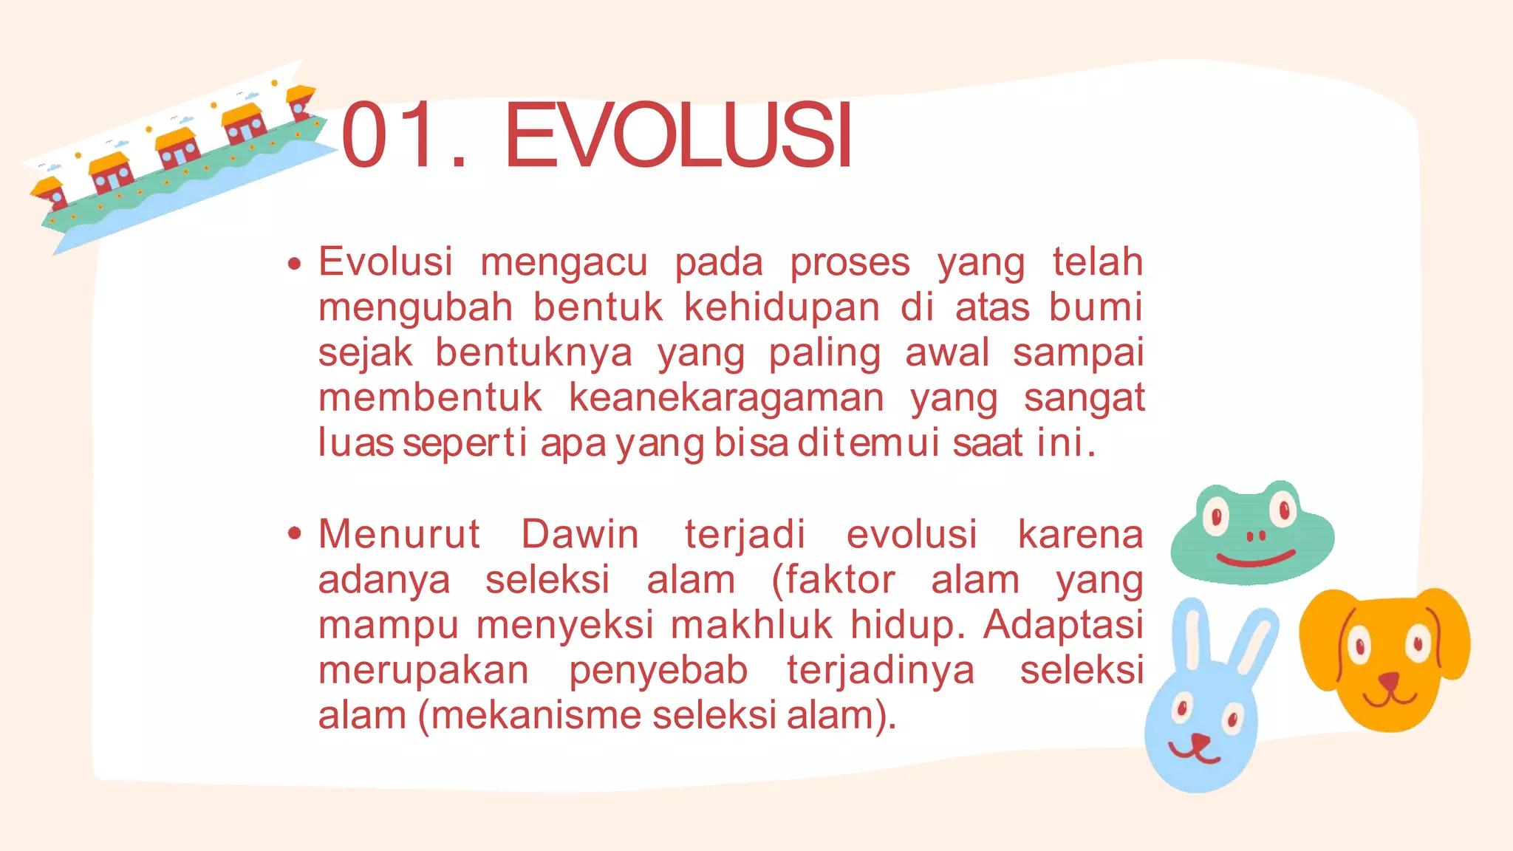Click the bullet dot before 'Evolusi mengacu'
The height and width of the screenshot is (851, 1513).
[295, 263]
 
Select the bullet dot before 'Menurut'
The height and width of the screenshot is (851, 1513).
[295, 533]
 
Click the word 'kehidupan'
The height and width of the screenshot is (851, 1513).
[782, 308]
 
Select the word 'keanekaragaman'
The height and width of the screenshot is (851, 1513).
[726, 399]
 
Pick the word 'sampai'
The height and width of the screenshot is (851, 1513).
[1078, 354]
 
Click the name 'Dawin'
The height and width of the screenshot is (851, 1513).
[580, 534]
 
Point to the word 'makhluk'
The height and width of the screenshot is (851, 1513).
[752, 625]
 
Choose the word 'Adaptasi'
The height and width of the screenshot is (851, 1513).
[1063, 625]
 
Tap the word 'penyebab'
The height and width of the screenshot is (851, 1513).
[658, 671]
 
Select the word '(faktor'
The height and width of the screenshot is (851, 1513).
[833, 580]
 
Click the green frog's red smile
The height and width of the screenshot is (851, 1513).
[1255, 559]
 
